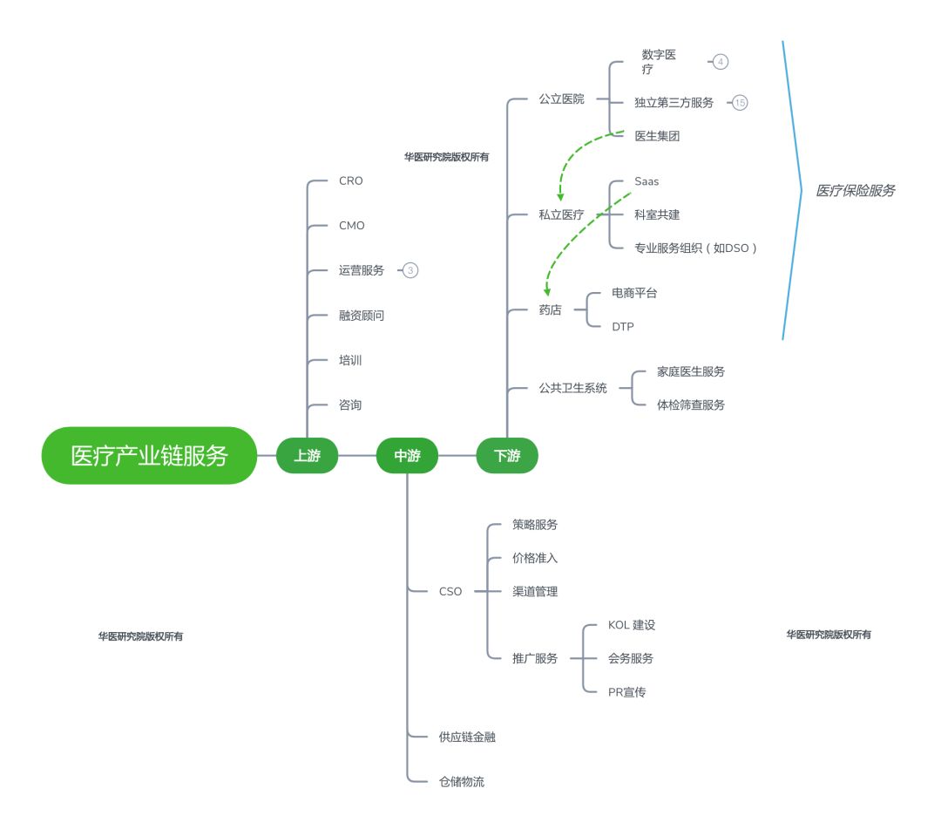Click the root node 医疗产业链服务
click(x=149, y=455)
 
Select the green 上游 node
click(x=308, y=456)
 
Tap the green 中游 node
click(x=407, y=456)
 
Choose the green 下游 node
click(x=507, y=456)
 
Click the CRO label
click(x=351, y=180)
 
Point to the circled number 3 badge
click(x=410, y=270)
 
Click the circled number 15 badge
click(x=740, y=103)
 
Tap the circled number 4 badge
click(x=721, y=61)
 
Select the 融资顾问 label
click(x=362, y=316)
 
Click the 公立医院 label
click(x=561, y=99)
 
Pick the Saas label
click(x=647, y=181)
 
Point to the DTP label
click(x=623, y=327)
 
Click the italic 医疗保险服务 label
click(x=856, y=190)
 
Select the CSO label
click(x=450, y=592)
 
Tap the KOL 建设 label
click(x=632, y=624)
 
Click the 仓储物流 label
click(x=462, y=781)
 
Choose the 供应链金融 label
click(x=467, y=737)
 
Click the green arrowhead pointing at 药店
click(x=546, y=292)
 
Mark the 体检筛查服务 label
click(x=691, y=404)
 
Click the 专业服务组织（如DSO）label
click(x=695, y=248)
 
